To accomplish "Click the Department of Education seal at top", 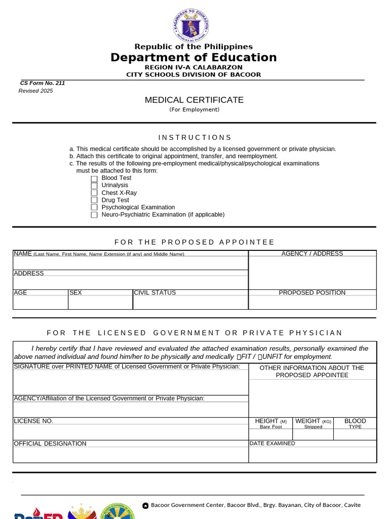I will click(191, 25).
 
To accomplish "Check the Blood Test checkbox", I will click(94, 178).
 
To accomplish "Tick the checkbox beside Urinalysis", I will click(94, 186).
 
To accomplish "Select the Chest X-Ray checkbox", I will click(94, 193).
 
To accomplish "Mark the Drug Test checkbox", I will click(94, 200).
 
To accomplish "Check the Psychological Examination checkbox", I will click(94, 207).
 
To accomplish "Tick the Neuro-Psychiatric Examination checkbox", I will click(94, 215).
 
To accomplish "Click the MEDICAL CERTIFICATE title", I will click(194, 100).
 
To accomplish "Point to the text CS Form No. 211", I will click(43, 83).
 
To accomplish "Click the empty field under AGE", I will click(41, 303).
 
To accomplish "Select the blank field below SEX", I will click(100, 303).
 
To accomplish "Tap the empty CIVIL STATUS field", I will click(190, 303).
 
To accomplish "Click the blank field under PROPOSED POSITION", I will click(312, 303).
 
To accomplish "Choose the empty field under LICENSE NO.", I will click(131, 432).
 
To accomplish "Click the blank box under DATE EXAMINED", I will click(312, 455).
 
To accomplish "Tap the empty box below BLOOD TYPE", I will click(355, 435).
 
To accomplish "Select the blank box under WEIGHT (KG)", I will click(313, 435).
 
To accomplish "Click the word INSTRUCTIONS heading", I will click(194, 137).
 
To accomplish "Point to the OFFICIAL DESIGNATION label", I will click(50, 443).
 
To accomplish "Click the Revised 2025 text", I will click(36, 91).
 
